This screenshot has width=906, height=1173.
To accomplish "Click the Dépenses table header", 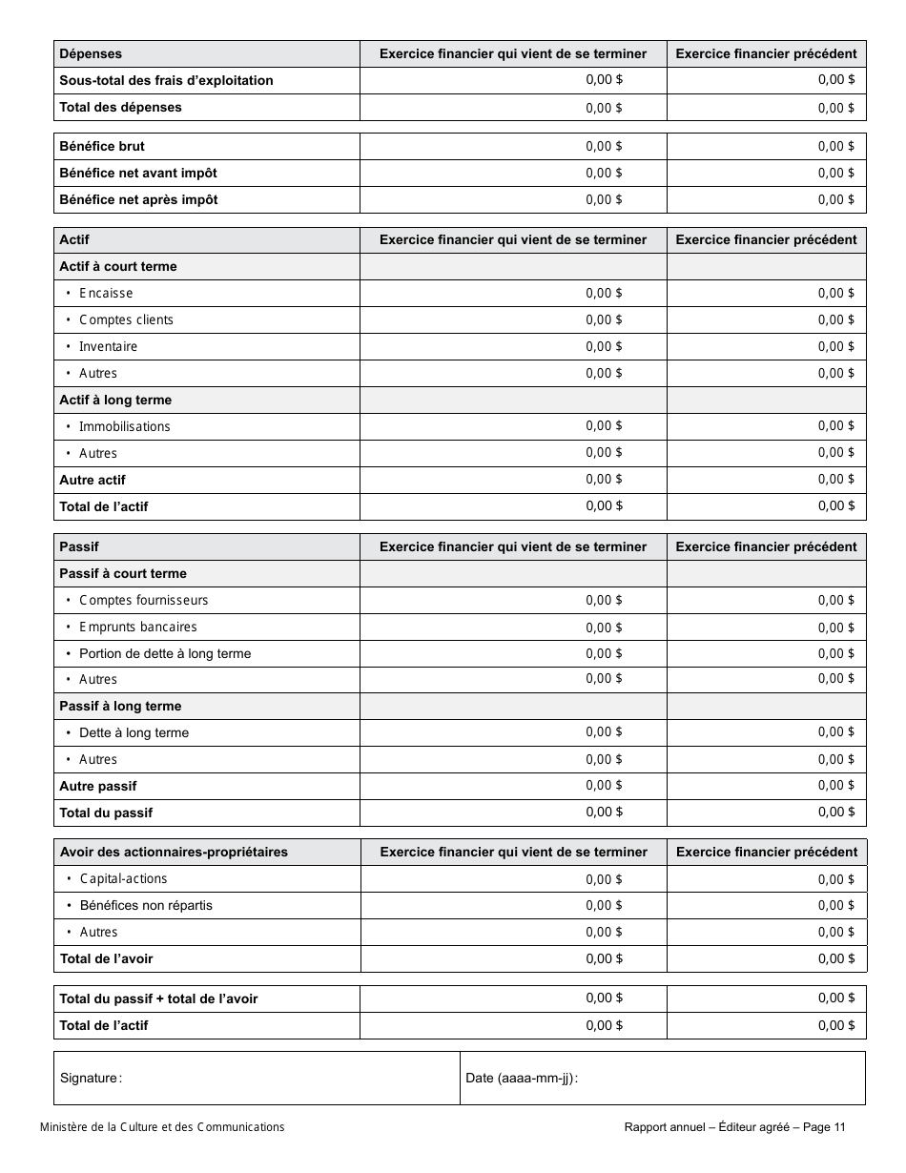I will tap(91, 54).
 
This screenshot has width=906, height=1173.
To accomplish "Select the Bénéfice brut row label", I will tap(102, 147).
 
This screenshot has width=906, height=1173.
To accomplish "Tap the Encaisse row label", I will tap(106, 294).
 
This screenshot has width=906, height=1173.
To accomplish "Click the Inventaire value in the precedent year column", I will tap(835, 346).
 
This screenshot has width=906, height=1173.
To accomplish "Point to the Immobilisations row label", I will tap(124, 427).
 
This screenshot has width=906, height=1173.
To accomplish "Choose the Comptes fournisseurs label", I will tap(143, 601).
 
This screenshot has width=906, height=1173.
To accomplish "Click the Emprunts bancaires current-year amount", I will tap(604, 628).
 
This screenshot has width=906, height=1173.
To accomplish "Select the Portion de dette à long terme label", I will tap(165, 654).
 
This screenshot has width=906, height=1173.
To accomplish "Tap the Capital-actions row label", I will tap(123, 879).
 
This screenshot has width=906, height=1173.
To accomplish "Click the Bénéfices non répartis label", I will tap(146, 906).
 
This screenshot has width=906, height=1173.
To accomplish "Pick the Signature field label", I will tap(91, 1079).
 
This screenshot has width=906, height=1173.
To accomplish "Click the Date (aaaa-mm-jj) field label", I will tap(522, 1079).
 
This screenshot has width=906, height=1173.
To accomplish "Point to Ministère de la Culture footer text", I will tap(162, 1127).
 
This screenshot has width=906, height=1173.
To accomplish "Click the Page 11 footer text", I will tap(824, 1127).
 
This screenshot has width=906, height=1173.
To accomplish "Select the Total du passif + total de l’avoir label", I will tap(158, 999).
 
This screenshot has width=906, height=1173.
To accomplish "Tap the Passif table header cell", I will tap(79, 547).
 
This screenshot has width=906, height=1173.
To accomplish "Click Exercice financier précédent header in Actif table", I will tap(766, 240).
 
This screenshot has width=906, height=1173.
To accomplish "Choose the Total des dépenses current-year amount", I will tap(604, 108).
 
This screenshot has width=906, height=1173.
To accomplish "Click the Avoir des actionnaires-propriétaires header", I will tap(174, 853).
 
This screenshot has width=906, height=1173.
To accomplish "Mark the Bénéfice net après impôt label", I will tap(138, 200).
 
